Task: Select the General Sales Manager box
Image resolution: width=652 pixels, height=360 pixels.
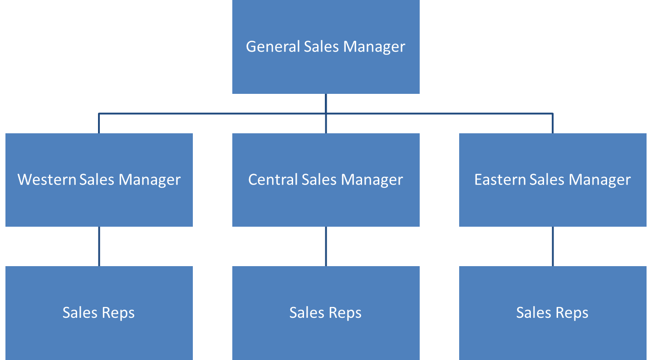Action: click(326, 68)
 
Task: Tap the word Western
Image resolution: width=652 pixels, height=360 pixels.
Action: click(47, 180)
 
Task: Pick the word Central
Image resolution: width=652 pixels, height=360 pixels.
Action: click(273, 180)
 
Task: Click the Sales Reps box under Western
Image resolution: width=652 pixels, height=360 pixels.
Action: click(99, 336)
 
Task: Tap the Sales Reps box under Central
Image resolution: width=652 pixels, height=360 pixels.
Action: click(326, 336)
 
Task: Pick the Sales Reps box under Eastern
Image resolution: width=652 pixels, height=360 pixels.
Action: click(553, 336)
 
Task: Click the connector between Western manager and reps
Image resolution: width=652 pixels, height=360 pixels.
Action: click(99, 246)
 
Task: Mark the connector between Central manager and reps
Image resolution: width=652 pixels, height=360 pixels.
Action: click(326, 246)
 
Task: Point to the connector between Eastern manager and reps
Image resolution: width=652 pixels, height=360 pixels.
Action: click(553, 246)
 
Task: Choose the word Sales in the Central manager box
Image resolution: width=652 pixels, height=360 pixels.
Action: click(319, 180)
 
